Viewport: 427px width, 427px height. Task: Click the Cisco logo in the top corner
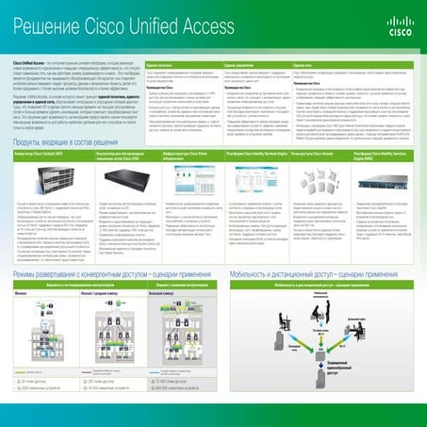pos(400,21)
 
